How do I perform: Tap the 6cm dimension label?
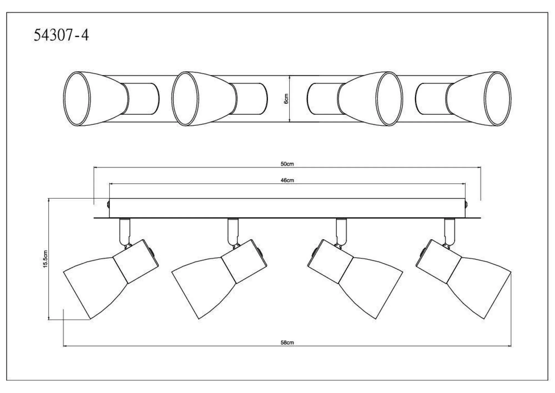point(286,99)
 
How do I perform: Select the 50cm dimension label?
point(287,164)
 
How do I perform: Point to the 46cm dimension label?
point(287,180)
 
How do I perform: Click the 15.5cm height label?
point(46,259)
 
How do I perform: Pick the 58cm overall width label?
point(287,342)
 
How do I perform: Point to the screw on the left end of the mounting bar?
point(108,205)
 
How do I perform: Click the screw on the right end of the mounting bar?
point(466,205)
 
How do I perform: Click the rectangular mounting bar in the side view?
point(287,208)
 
